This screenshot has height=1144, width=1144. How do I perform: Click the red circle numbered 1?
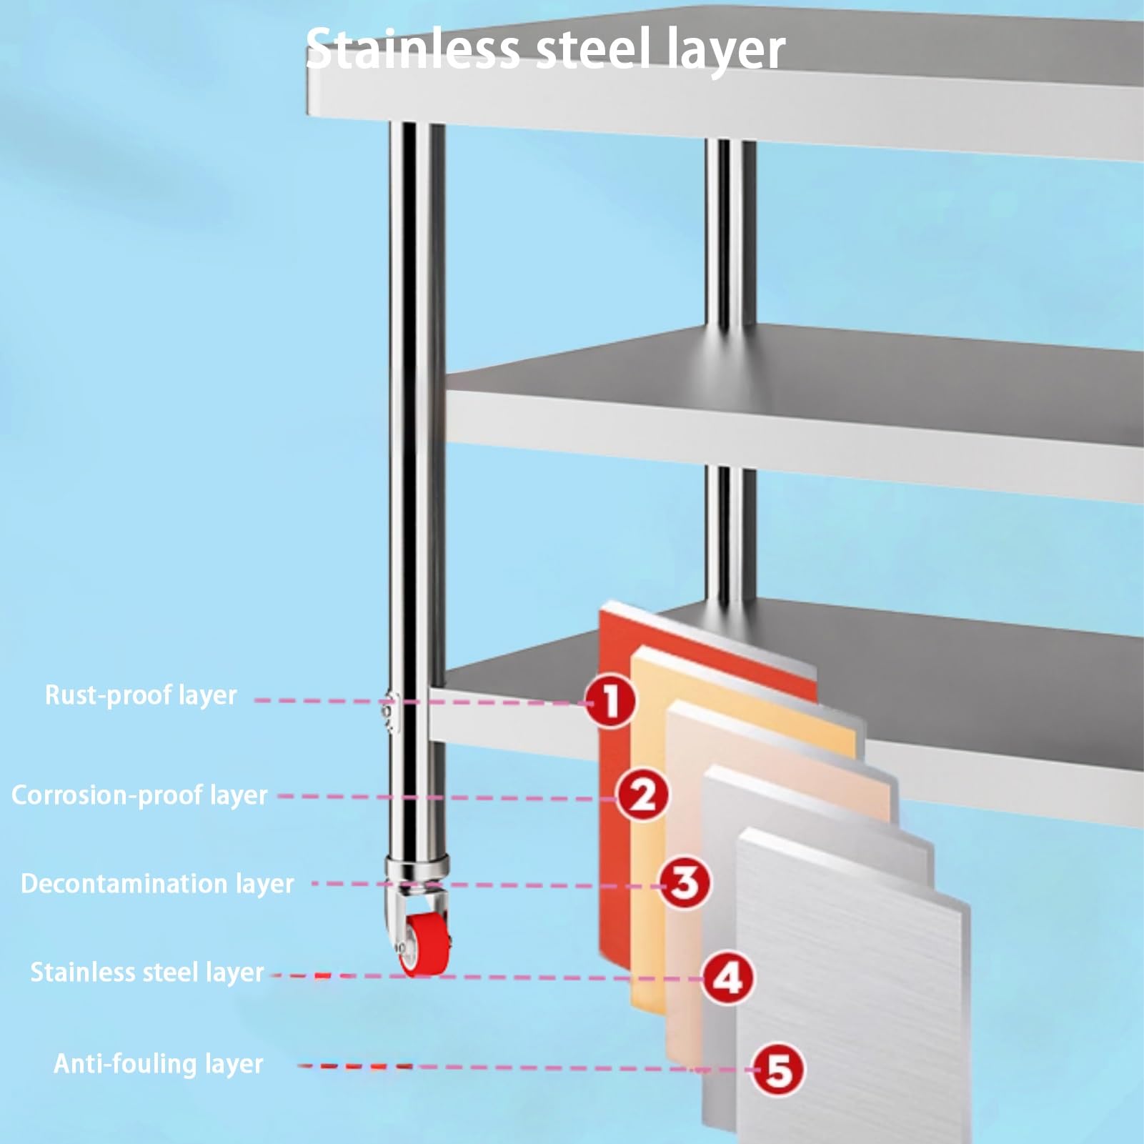[x=610, y=702]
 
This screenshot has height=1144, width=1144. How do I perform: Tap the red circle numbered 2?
[x=643, y=795]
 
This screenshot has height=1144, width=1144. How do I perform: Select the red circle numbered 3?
[x=685, y=883]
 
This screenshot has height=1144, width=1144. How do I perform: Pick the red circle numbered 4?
[x=728, y=978]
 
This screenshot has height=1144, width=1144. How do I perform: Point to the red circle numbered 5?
[x=778, y=1070]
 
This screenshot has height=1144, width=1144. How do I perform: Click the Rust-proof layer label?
[x=141, y=695]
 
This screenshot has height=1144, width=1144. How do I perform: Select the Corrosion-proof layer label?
[x=139, y=795]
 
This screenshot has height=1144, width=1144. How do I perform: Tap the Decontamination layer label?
[x=157, y=884]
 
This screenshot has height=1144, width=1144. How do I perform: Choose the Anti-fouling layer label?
[x=159, y=1064]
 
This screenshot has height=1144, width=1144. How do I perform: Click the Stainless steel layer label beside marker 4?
[x=146, y=973]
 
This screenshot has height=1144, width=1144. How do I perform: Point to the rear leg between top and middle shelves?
[x=730, y=236]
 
